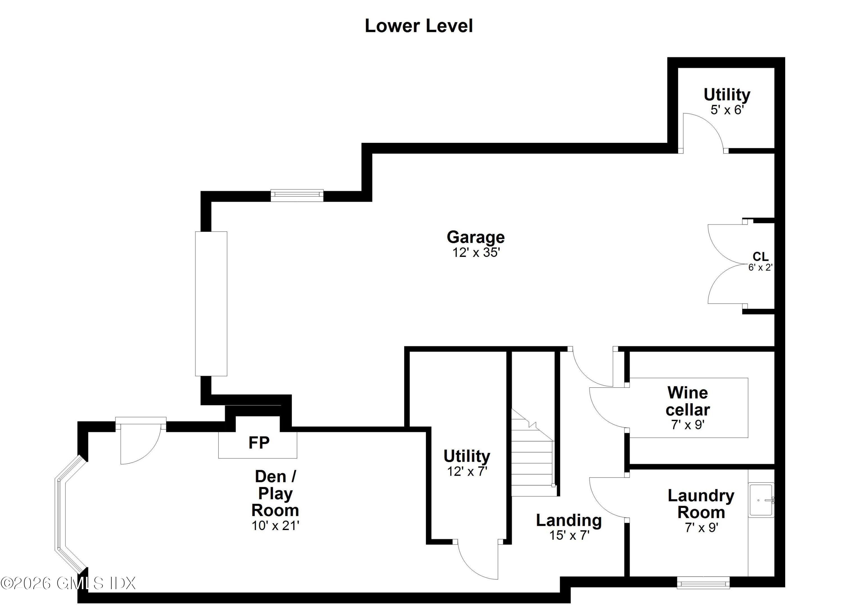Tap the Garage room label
click(x=475, y=237)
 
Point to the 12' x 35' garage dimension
click(x=476, y=253)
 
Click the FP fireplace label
click(x=259, y=443)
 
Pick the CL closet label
click(x=760, y=256)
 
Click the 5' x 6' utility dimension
click(x=727, y=110)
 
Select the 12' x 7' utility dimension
click(x=467, y=471)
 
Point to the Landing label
click(x=569, y=520)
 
